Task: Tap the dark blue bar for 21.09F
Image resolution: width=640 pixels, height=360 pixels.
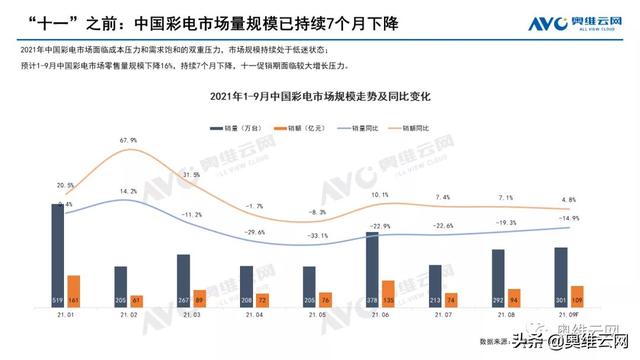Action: click(x=560, y=276)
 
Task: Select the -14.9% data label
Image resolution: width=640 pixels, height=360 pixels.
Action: click(x=569, y=218)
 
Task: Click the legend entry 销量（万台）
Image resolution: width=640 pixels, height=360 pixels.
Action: click(x=236, y=129)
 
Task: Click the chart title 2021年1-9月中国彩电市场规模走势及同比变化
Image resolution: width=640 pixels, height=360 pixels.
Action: click(x=320, y=96)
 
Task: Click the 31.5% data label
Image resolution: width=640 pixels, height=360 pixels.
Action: click(x=192, y=175)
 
